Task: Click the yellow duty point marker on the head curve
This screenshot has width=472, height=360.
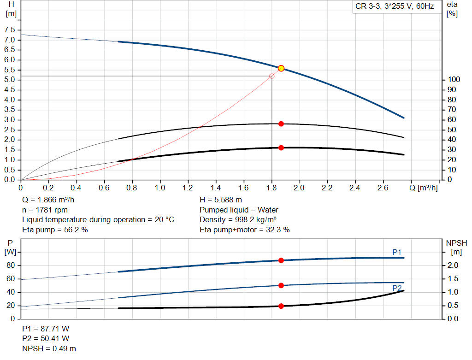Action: [x=281, y=68]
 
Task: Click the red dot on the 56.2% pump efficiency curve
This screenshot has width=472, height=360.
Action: [x=281, y=124]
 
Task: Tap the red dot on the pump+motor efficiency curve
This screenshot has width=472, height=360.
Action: [x=281, y=148]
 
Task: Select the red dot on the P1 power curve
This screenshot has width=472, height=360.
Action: [x=281, y=260]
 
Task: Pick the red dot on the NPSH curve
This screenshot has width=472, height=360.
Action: [x=281, y=306]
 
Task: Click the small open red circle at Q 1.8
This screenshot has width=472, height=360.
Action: [x=271, y=76]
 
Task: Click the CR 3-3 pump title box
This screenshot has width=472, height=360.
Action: [x=395, y=7]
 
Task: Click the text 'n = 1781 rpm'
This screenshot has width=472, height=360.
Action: [x=45, y=210]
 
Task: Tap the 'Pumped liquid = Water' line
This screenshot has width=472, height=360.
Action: [x=239, y=210]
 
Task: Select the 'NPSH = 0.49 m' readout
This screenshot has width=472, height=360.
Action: [x=49, y=348]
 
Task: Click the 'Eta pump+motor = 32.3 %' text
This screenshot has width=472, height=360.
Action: [x=245, y=230]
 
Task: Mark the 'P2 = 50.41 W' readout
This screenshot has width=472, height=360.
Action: [x=46, y=338]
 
